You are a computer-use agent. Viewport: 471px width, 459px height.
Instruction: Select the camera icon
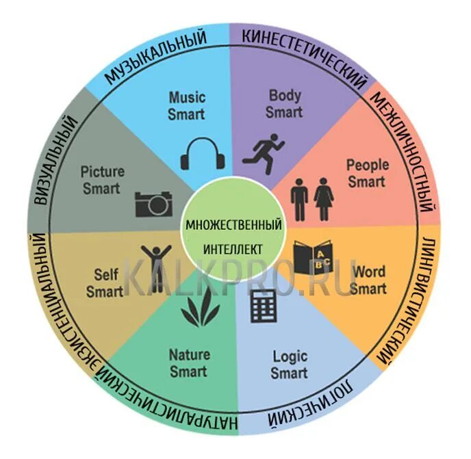[x=153, y=203]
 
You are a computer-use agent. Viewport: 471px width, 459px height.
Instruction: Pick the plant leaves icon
[x=200, y=310]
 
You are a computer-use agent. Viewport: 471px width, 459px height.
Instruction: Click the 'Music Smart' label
[x=186, y=105]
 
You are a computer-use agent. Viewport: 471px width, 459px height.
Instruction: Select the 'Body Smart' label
[x=284, y=103]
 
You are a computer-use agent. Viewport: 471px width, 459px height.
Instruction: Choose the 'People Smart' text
[x=367, y=173]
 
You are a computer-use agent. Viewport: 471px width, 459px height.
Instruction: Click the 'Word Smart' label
[x=368, y=280]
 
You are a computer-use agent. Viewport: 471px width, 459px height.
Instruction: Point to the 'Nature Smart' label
[x=189, y=363]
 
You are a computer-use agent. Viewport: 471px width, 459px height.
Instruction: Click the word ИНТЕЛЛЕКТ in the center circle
[x=233, y=248]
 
